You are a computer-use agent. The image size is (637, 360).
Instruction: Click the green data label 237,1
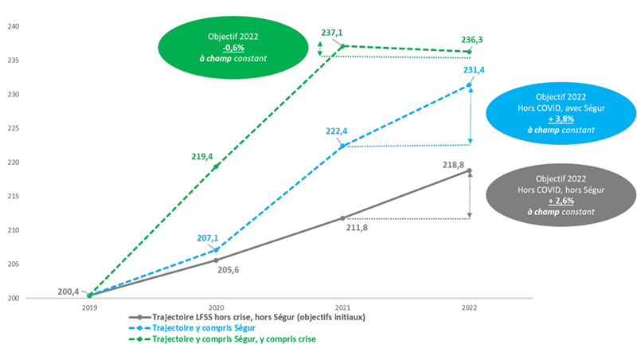330,33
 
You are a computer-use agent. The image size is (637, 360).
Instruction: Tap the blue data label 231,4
474,70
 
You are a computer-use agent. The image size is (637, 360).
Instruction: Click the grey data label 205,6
229,269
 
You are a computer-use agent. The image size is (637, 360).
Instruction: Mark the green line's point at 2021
342,45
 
